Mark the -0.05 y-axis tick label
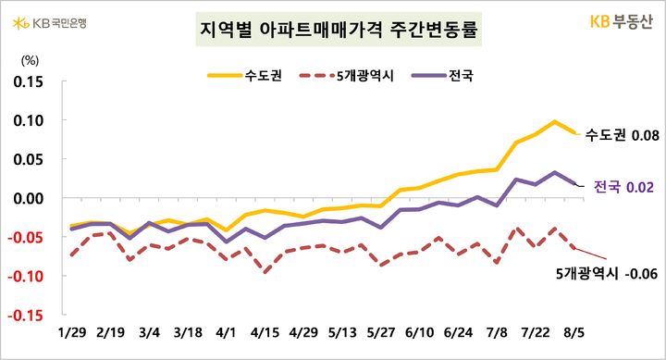[x=28, y=237]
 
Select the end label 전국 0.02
[x=621, y=187]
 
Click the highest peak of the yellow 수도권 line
[x=555, y=121]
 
